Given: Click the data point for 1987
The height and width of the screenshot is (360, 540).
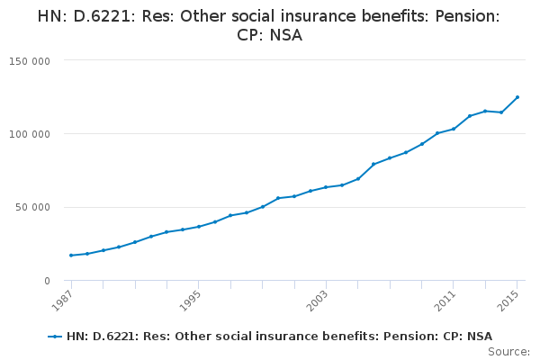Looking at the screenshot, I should pyautogui.click(x=71, y=256).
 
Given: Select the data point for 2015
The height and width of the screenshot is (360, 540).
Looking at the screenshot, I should pyautogui.click(x=517, y=97).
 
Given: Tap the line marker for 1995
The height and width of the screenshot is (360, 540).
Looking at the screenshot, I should pyautogui.click(x=199, y=227).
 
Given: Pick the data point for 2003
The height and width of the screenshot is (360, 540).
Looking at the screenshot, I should pyautogui.click(x=326, y=187).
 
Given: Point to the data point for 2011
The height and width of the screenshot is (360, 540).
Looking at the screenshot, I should pyautogui.click(x=454, y=129).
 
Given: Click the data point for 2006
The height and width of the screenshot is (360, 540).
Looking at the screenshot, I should pyautogui.click(x=373, y=164).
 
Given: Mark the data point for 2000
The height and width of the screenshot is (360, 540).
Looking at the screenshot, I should pyautogui.click(x=278, y=198).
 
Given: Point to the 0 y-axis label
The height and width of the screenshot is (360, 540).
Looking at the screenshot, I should pyautogui.click(x=47, y=281).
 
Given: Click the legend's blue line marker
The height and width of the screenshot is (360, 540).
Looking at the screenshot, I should pyautogui.click(x=56, y=337).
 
